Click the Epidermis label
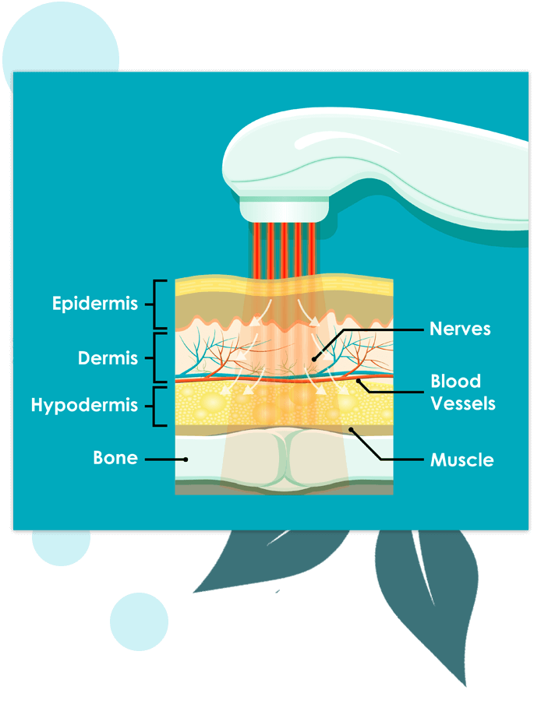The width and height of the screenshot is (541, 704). tap(95, 304)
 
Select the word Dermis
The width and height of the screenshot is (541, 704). tap(108, 358)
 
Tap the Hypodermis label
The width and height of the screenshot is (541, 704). tap(84, 406)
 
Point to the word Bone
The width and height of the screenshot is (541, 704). tap(115, 458)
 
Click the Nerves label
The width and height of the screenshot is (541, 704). tap(460, 329)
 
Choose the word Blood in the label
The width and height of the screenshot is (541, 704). tap(455, 381)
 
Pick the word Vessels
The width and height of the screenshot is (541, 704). tap(463, 403)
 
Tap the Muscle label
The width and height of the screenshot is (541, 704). tap(462, 460)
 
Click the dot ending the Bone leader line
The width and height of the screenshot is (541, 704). tap(186, 459)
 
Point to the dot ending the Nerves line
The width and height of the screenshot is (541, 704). tap(314, 359)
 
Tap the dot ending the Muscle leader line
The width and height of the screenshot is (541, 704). tap(352, 430)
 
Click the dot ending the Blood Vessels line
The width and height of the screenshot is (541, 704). tap(359, 381)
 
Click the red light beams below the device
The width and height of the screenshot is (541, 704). tap(285, 250)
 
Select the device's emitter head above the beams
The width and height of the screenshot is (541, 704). tap(284, 210)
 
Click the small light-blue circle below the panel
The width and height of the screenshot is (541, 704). tap(139, 621)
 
